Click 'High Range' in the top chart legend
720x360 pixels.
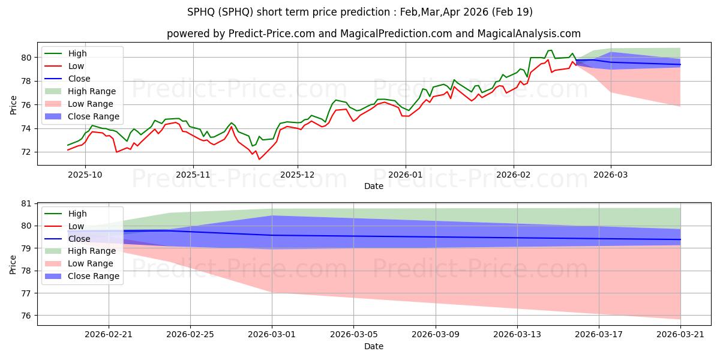[92, 91]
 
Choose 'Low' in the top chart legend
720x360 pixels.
[77, 66]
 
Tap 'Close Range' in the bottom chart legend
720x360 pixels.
[94, 276]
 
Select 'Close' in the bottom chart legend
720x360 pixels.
[79, 239]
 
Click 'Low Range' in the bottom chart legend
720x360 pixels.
[91, 263]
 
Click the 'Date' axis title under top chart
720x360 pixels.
[373, 187]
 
